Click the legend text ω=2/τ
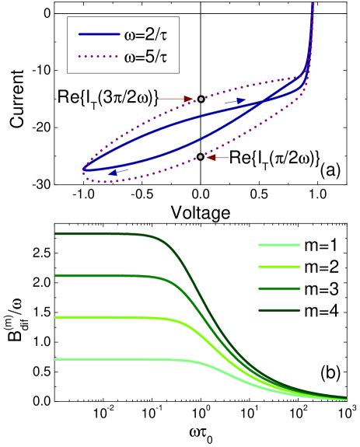pos(146,36)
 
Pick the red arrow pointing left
pos(218,158)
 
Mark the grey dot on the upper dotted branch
pos(201,99)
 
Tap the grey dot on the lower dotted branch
pos(201,157)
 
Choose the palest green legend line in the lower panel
pos(278,245)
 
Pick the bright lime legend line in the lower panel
pos(278,267)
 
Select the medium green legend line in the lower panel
pos(278,288)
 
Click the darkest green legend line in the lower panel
pos(278,310)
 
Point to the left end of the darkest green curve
pos(56,233)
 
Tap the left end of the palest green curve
pos(56,359)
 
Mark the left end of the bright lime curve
pos(56,317)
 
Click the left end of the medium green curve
pos(56,275)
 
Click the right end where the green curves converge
pos(346,400)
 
